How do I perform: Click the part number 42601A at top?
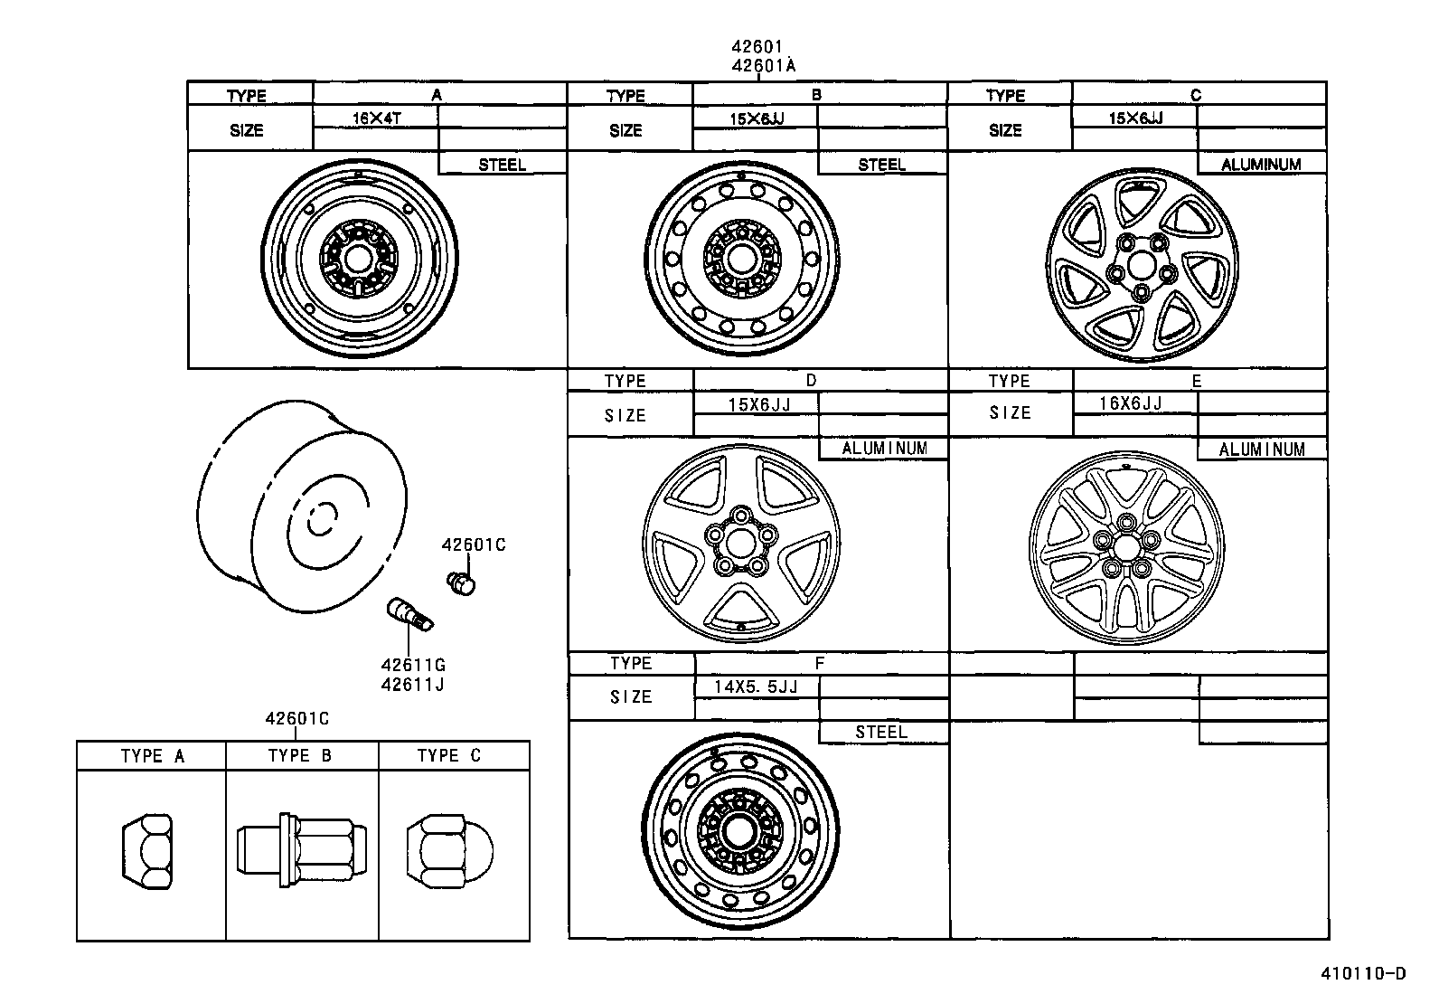[763, 65]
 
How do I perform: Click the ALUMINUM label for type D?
[884, 449]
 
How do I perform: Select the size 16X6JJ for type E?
[1131, 403]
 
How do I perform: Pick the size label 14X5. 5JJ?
[756, 686]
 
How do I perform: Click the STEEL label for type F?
[880, 733]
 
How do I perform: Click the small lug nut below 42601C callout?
[462, 582]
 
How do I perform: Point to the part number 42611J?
[412, 685]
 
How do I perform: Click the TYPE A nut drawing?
[147, 847]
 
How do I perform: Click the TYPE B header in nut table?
[300, 756]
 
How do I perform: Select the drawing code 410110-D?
[1363, 973]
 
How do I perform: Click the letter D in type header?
[811, 381]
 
